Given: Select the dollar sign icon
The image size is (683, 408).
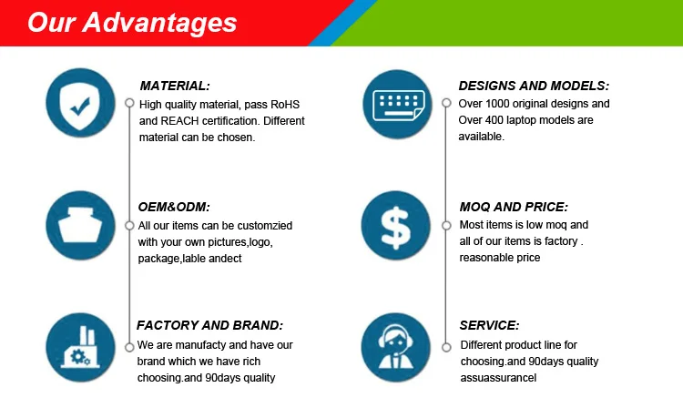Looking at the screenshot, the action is (395, 226).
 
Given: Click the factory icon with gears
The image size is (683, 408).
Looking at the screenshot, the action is (80, 348).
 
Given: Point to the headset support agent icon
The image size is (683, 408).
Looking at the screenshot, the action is (395, 348).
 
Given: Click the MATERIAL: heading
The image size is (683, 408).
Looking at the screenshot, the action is (175, 86).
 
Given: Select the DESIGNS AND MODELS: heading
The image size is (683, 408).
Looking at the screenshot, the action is (534, 86).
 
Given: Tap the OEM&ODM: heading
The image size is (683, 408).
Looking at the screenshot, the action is (174, 207).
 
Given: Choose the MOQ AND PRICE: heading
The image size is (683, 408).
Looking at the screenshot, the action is (514, 207).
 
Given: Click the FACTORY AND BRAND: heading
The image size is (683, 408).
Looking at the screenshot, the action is (210, 325).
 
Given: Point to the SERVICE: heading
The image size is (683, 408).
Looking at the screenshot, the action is (489, 325).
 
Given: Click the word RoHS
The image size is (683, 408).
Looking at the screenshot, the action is (285, 105).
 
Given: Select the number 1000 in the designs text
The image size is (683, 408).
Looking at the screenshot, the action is (497, 104).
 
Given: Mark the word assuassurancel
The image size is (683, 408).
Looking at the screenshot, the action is (498, 378).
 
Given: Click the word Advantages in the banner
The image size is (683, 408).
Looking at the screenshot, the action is (159, 22).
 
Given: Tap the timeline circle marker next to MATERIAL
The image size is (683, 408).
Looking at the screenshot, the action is (129, 103).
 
